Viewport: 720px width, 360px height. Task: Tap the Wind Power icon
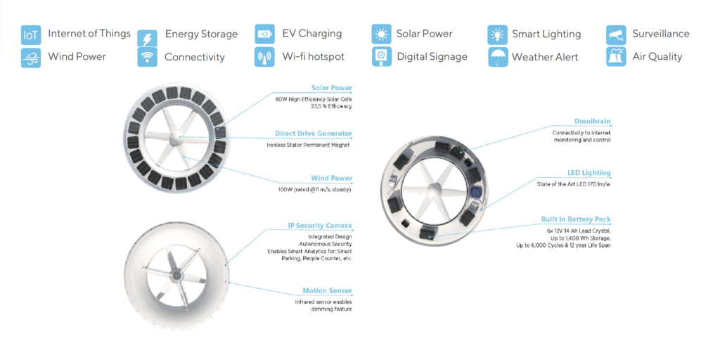coord(31,58)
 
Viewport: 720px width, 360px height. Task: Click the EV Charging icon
coord(264,34)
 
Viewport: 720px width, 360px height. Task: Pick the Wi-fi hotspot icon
coord(264,58)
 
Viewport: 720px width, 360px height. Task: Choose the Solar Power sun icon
coord(381,34)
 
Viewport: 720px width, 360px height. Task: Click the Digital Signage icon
coord(381,57)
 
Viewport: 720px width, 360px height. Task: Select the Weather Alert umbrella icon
coord(498,58)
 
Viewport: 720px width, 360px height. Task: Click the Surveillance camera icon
coord(616,34)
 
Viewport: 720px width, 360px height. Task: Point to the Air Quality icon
coord(616,58)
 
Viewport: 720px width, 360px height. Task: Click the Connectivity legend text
coord(195,58)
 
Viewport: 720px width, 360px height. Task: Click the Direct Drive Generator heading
coord(314,134)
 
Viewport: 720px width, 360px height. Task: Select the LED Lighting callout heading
coord(589,173)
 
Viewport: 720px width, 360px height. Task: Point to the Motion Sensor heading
coord(327,290)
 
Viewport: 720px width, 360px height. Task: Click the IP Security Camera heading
coord(320,226)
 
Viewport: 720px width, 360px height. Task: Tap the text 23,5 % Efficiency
coord(331,106)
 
